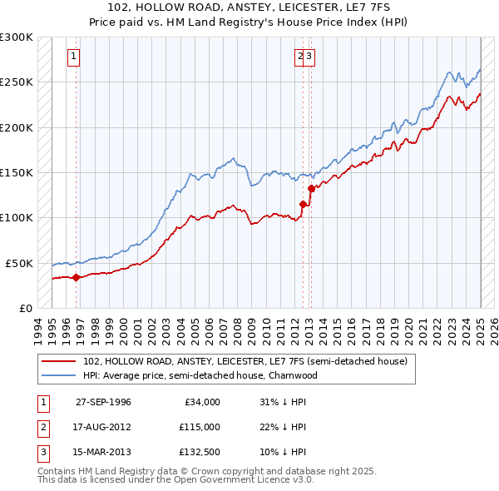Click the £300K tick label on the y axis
(17, 37)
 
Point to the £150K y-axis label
(17, 173)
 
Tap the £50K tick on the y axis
(19, 263)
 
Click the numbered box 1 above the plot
(74, 57)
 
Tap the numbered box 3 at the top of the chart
(309, 57)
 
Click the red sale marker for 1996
(77, 277)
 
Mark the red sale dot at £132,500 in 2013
(311, 189)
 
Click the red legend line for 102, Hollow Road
(59, 362)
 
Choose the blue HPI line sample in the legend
(59, 375)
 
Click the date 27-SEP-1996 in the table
(103, 402)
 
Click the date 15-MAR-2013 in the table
(103, 453)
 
